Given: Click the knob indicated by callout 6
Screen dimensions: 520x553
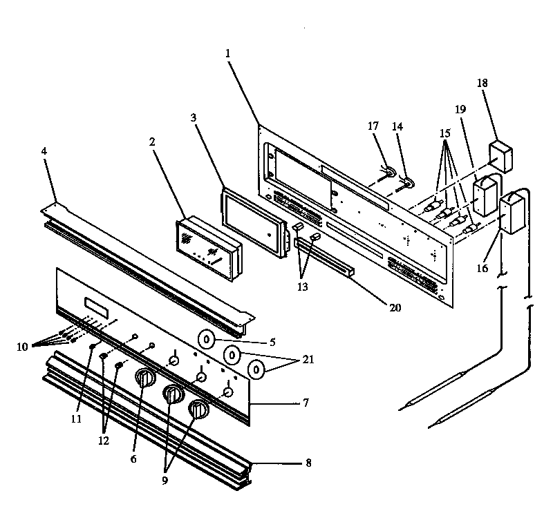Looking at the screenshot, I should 145,378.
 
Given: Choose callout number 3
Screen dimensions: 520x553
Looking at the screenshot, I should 194,118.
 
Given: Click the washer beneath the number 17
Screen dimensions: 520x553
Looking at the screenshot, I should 391,170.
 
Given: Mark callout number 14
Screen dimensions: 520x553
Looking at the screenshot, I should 397,126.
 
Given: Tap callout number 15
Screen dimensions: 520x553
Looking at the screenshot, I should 444,132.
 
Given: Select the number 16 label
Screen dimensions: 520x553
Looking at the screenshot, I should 482,267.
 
